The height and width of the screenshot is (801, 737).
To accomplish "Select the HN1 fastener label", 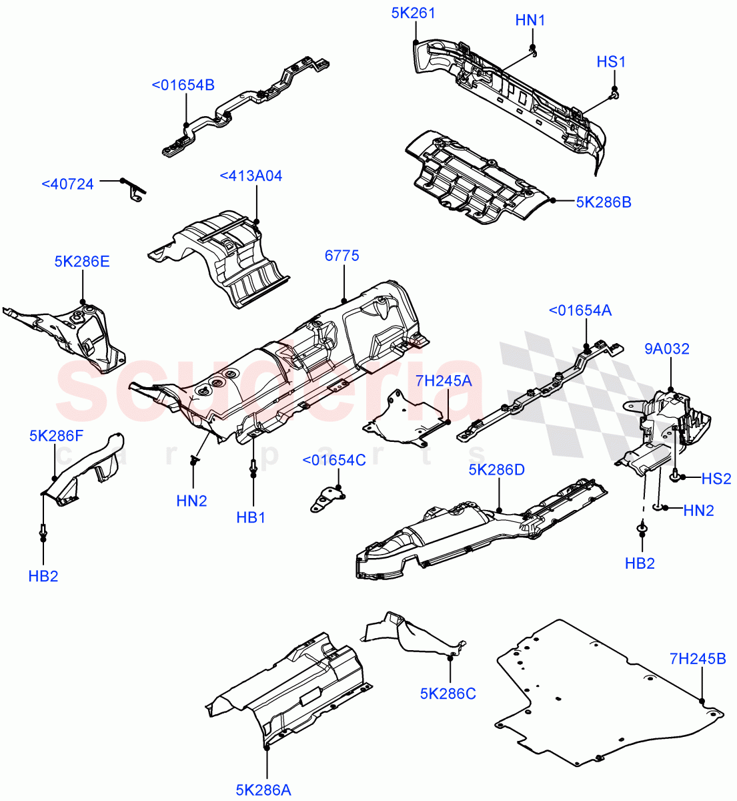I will [530, 21].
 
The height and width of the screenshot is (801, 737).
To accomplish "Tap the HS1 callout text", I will [611, 62].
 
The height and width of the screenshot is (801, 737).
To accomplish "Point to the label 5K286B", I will [603, 201].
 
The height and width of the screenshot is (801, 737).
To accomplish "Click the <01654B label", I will [183, 85].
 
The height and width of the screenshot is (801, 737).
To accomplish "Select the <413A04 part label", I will [251, 176].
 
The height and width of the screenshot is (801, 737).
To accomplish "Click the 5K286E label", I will [82, 262].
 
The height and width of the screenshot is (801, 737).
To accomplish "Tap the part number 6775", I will [342, 255].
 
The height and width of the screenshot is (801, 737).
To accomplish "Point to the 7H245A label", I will [444, 380].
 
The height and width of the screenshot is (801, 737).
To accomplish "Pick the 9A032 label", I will [667, 348].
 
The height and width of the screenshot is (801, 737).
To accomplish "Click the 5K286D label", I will [496, 469].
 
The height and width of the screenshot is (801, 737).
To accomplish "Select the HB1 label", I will [251, 517].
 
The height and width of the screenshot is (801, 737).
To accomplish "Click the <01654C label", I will [334, 461].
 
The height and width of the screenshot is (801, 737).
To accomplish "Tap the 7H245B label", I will [698, 659].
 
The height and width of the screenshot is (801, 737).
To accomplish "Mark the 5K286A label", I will [263, 790].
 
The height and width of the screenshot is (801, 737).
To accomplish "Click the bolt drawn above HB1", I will [253, 468].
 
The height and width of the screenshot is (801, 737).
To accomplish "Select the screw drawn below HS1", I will [614, 95].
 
